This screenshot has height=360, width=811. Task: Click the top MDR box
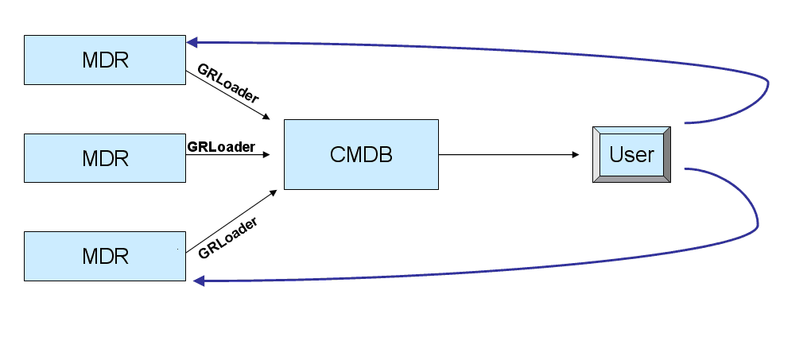tap(105, 60)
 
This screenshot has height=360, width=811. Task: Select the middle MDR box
tap(105, 158)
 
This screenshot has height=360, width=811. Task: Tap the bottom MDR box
tap(105, 256)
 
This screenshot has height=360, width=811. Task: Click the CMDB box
tap(361, 154)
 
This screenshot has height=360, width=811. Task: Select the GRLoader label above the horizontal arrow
tap(221, 146)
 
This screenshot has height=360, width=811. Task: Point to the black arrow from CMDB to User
tap(509, 155)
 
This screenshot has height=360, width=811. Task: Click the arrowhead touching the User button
tap(575, 155)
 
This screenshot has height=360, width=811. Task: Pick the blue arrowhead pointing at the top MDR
tap(192, 42)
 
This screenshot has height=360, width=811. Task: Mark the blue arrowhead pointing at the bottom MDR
tap(199, 281)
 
